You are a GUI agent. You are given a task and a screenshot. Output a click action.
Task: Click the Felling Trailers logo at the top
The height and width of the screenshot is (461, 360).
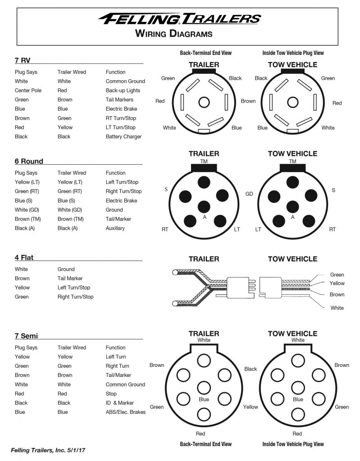pyautogui.click(x=179, y=18)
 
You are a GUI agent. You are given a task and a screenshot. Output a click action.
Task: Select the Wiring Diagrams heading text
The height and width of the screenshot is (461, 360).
pyautogui.click(x=173, y=33)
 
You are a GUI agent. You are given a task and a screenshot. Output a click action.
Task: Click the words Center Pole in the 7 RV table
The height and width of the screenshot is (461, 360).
pyautogui.click(x=28, y=90)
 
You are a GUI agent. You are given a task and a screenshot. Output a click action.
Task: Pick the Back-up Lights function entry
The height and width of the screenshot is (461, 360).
pyautogui.click(x=123, y=90)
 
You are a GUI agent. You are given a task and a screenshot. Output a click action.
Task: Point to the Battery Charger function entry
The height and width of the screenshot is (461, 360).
pyautogui.click(x=123, y=136)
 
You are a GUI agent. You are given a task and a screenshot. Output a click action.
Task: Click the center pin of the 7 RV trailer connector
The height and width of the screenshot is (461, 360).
pyautogui.click(x=204, y=102)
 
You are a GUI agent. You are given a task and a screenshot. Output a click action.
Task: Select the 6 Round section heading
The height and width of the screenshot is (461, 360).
pyautogui.click(x=29, y=161)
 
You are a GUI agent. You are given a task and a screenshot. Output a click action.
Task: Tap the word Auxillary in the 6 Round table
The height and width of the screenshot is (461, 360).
pyautogui.click(x=115, y=228)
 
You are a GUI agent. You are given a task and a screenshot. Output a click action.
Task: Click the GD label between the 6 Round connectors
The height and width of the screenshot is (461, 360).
pyautogui.click(x=249, y=194)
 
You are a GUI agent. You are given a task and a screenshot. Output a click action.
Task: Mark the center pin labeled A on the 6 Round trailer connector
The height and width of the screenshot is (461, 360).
pyautogui.click(x=204, y=207)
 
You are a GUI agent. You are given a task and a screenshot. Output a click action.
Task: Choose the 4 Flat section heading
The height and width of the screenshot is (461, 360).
pyautogui.click(x=24, y=258)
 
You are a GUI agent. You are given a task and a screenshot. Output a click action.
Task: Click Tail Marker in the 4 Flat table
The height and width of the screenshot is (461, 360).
pyautogui.click(x=70, y=278)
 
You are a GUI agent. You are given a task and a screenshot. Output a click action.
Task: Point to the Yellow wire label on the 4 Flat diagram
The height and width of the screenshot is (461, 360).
pyautogui.click(x=337, y=283)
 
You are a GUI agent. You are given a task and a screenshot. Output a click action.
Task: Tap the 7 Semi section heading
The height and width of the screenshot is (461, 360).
pyautogui.click(x=26, y=336)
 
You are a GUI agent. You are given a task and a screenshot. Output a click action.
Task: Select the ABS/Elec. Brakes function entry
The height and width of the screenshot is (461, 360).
pyautogui.click(x=125, y=412)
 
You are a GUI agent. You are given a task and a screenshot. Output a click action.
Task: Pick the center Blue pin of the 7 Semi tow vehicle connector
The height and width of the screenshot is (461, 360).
pyautogui.click(x=298, y=388)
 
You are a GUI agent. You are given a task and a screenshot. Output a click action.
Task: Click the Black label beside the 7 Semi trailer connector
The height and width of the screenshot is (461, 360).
pyautogui.click(x=251, y=369)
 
